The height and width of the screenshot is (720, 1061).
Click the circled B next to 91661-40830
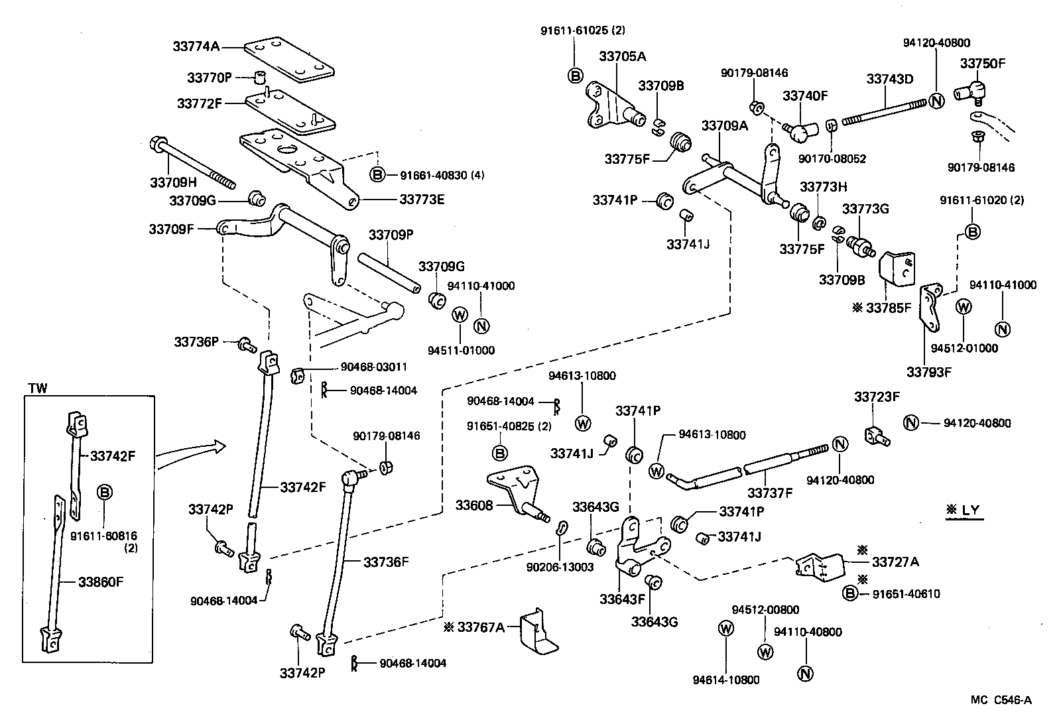pyautogui.click(x=377, y=175)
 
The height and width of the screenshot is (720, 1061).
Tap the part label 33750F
pyautogui.click(x=983, y=64)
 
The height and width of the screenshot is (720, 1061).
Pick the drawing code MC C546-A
pyautogui.click(x=1001, y=699)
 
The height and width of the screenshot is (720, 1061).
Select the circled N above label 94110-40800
pyautogui.click(x=805, y=674)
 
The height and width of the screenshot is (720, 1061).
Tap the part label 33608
pyautogui.click(x=474, y=506)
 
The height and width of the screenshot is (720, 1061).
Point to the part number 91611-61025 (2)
pyautogui.click(x=583, y=30)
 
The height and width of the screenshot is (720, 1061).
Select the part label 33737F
pyautogui.click(x=770, y=493)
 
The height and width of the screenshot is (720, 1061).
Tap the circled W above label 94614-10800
pyautogui.click(x=726, y=628)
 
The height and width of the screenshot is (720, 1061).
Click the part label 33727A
pyautogui.click(x=895, y=562)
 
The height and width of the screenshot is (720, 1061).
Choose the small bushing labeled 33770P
pyautogui.click(x=261, y=77)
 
